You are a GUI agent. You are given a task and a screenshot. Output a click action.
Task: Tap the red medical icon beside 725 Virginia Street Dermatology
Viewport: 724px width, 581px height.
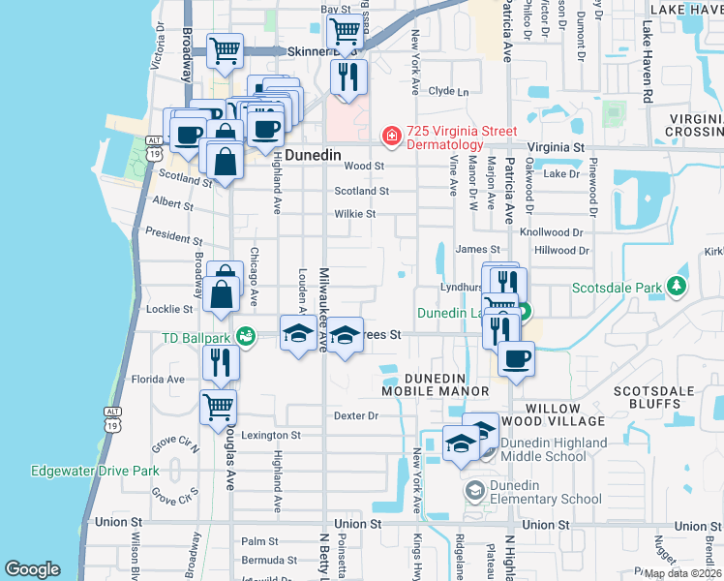391,138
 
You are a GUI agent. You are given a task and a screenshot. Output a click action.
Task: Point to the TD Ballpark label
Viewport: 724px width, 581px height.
201,338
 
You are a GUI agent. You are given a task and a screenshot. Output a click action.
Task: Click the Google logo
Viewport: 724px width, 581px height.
33,569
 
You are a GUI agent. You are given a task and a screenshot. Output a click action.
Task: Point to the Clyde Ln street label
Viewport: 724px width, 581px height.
448,91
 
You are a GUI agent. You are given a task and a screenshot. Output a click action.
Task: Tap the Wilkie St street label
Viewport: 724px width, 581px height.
355,214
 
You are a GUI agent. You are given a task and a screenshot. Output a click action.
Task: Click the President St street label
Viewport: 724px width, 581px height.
173,236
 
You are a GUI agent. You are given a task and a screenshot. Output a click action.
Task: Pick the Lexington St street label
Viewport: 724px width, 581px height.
272,435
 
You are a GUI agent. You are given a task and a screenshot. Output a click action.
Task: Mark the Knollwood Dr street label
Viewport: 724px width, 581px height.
552,233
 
